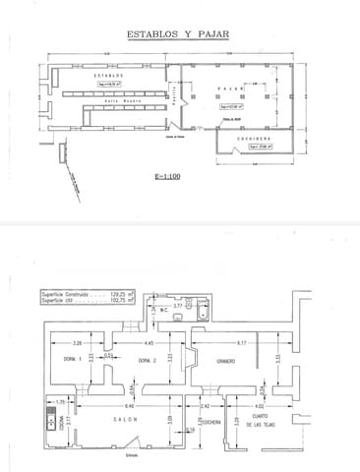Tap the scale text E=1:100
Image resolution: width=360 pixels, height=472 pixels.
pos(168,178)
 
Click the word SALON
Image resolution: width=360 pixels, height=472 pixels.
pos(123,419)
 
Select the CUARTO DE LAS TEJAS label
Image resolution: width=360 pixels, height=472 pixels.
pos(260,424)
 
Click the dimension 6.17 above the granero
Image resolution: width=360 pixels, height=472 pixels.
pos(241,342)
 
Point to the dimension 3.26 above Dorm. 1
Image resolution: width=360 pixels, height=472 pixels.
pos(77,342)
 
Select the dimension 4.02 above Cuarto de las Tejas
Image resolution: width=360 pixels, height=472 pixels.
pos(260,405)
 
